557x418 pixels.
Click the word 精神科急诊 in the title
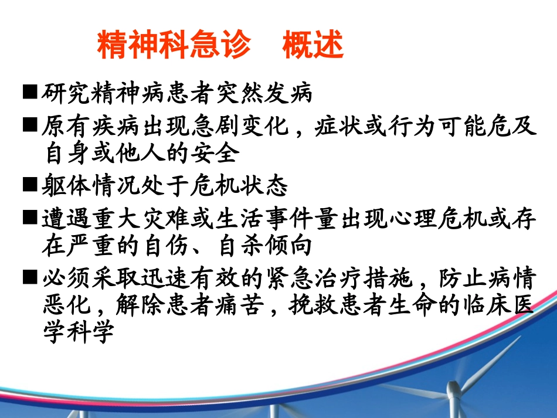coord(174,45)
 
